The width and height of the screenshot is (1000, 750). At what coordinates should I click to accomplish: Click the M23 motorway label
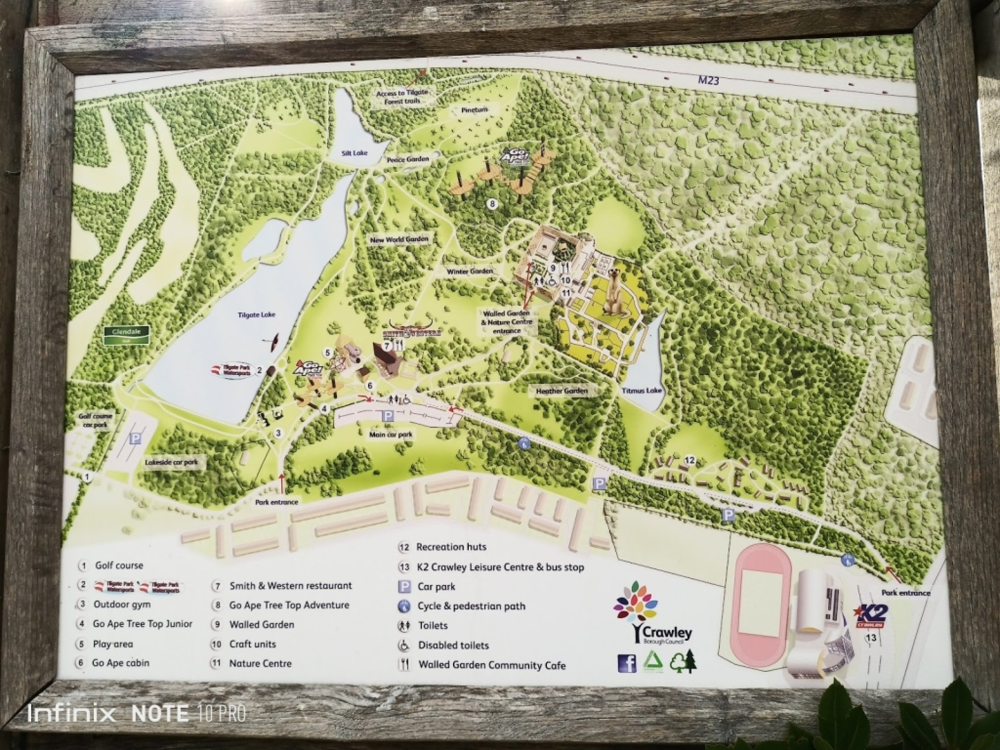pos(708,80)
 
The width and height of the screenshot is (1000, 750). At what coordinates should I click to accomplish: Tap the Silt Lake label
pos(354,153)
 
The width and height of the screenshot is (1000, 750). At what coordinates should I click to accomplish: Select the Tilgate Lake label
pos(256,315)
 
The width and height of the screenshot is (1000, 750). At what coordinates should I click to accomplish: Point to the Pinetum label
pos(474,110)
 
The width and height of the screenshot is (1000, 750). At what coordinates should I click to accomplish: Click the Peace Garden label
pos(408,159)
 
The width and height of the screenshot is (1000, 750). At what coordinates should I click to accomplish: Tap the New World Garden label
pos(399,240)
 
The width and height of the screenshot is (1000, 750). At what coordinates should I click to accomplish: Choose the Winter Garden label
pos(470,271)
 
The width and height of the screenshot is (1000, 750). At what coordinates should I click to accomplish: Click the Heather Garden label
pos(561,391)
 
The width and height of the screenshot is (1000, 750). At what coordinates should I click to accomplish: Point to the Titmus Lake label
pos(641,391)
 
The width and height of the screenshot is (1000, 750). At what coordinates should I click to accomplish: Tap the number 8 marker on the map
pos(492,204)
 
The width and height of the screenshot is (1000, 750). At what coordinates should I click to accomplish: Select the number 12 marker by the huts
pos(690,460)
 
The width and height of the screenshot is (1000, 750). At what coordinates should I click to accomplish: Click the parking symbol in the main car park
pos(387,416)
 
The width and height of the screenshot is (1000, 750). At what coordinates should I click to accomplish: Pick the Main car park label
pos(391,434)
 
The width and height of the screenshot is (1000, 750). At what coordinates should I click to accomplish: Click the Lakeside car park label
pos(171,462)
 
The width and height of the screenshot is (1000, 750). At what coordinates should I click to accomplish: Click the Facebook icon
pos(627,663)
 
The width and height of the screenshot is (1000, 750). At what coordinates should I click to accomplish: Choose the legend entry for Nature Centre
pos(260,664)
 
